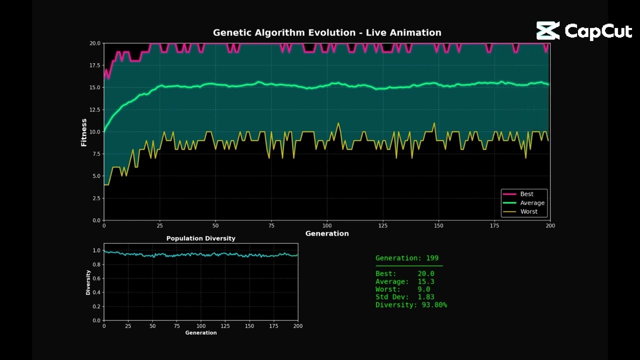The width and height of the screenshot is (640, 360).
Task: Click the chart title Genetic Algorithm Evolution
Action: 327,32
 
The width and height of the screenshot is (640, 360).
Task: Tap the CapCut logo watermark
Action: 584,31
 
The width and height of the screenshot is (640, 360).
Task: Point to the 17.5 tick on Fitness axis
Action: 94,65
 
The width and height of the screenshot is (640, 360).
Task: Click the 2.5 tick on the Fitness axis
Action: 96,198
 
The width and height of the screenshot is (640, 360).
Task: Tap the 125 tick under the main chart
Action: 383,226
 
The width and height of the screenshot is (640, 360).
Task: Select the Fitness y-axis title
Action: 84,132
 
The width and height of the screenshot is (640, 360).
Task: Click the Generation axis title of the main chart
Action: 327,233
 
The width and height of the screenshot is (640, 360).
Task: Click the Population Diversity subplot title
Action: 200,238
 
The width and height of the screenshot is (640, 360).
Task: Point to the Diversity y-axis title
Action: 88,282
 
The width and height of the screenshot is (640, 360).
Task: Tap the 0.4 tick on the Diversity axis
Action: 96,292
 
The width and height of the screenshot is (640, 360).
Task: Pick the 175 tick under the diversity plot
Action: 273,326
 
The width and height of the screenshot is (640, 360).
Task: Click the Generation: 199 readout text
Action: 407,258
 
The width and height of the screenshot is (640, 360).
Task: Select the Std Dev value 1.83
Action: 426,297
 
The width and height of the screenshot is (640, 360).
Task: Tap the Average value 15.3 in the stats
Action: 426,281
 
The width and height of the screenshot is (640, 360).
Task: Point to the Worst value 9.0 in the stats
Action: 424,289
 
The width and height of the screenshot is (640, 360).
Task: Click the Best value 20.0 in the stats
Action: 426,274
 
